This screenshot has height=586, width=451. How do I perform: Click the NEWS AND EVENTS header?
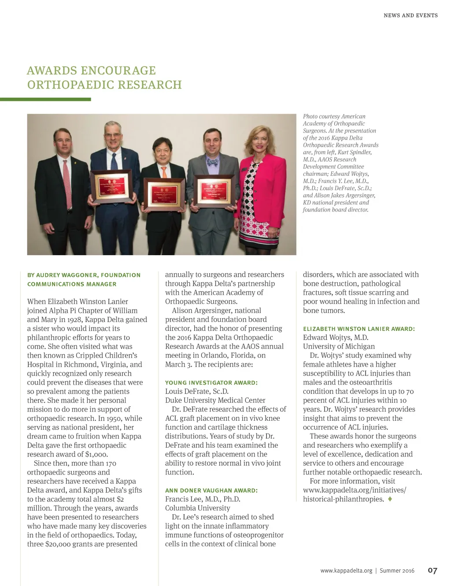[x=410, y=15]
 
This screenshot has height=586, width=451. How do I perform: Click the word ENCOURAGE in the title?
[x=118, y=70]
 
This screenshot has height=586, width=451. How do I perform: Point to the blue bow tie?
[x=213, y=162]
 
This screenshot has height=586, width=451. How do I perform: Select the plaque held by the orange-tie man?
[x=165, y=193]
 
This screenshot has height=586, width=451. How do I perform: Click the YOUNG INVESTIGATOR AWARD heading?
[x=211, y=382]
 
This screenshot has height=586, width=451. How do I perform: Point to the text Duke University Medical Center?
[x=215, y=400]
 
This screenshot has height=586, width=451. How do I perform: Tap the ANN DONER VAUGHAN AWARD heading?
[x=211, y=490]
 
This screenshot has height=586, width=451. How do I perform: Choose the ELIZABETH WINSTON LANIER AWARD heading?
[x=359, y=329]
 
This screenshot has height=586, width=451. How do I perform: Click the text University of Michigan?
[x=339, y=346]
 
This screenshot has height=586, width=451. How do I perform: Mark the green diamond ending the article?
[x=390, y=499]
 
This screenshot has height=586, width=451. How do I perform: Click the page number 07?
[x=433, y=571]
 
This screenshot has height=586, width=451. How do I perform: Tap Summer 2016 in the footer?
[x=397, y=571]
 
